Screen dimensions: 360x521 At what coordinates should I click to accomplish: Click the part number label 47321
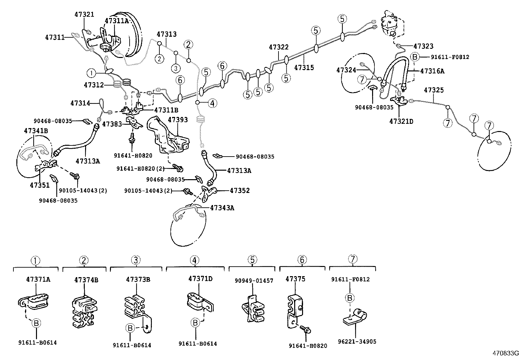coord(84,14)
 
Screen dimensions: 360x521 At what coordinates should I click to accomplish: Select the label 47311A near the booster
coord(117,21)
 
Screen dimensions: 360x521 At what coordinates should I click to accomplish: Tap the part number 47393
coord(178,120)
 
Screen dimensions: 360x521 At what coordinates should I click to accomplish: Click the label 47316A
coord(432,70)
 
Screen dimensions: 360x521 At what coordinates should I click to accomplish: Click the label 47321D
coord(401,121)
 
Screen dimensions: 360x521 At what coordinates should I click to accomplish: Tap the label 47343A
coord(222,208)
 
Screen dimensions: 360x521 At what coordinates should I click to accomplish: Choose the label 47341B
coord(36,131)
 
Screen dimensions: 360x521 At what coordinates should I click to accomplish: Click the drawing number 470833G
coord(506,353)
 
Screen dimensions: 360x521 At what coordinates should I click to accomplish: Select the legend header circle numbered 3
coord(136,260)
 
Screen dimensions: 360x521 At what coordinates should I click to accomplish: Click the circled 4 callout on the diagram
coord(212,104)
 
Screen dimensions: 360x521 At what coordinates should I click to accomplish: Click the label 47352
coord(240,190)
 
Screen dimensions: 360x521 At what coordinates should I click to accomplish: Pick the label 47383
coord(112,124)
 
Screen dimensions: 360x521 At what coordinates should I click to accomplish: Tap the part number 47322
coord(278,47)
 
